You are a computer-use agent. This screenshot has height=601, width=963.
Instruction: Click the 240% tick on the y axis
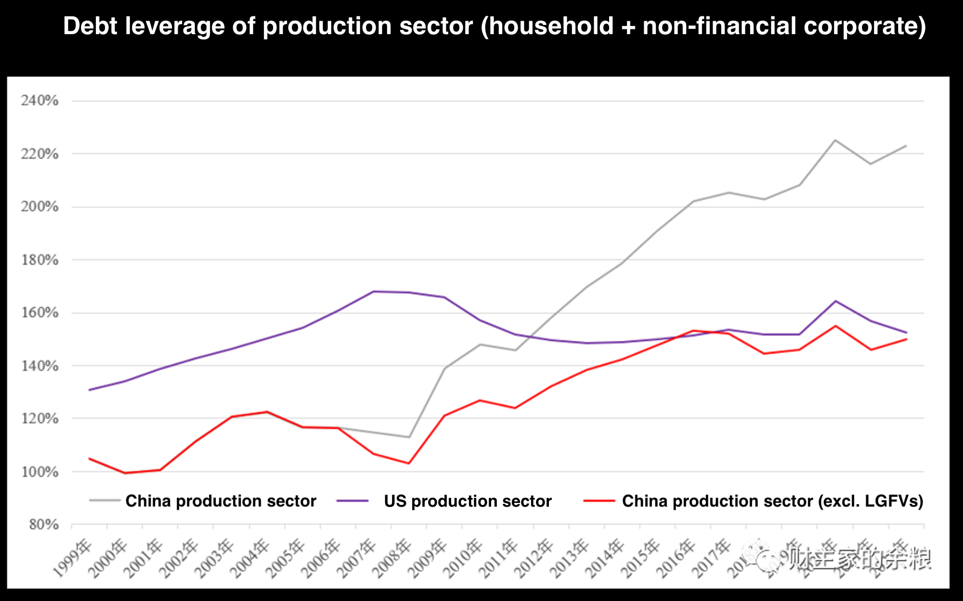click(39, 101)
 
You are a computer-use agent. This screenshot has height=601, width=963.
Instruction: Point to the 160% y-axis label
click(39, 313)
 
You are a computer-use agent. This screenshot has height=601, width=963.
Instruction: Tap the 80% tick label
click(43, 524)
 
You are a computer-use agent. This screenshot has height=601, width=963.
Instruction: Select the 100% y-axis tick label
click(39, 472)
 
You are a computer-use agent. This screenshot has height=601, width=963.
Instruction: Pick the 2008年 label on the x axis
click(393, 558)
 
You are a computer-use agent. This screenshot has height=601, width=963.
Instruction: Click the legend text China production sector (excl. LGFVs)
click(772, 501)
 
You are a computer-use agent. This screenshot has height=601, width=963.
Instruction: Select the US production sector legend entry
click(467, 501)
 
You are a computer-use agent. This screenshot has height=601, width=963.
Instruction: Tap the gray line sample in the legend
click(104, 501)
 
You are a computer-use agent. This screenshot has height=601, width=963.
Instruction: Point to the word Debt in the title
click(90, 26)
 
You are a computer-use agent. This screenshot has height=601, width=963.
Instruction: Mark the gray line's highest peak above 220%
click(835, 140)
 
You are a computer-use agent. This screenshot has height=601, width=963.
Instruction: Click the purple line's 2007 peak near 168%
click(374, 291)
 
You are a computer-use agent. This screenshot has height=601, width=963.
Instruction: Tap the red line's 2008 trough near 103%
click(409, 463)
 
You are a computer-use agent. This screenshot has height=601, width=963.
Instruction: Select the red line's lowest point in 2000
click(125, 473)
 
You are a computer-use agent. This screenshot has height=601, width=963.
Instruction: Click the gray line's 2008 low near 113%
click(409, 437)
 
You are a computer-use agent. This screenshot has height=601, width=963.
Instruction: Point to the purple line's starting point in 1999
click(90, 390)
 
